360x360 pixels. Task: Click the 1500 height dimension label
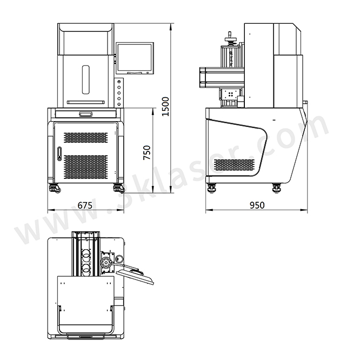point(165,106)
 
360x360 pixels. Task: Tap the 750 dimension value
point(147,152)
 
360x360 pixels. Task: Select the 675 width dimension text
point(85,205)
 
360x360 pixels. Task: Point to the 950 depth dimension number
point(257,205)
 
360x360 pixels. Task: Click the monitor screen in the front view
point(135,58)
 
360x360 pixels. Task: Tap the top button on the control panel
point(119,82)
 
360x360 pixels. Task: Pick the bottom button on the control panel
point(119,104)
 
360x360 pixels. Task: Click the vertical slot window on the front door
point(86,79)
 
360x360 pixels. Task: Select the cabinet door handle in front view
point(59,154)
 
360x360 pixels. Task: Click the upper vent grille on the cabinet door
point(85,137)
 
